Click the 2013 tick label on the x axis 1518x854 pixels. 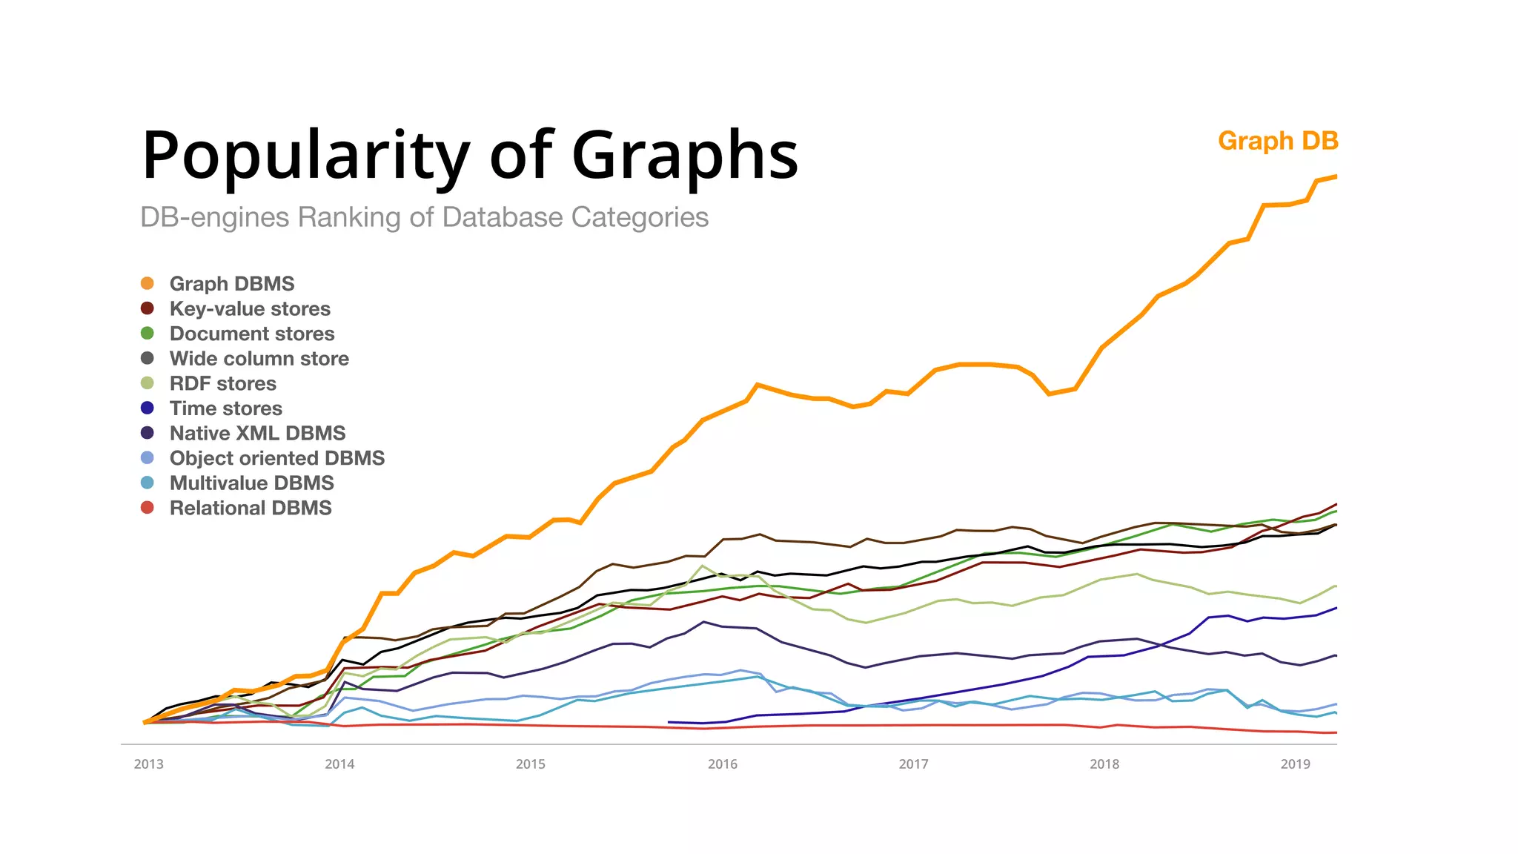148,764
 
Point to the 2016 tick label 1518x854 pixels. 722,764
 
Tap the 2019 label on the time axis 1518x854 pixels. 1295,764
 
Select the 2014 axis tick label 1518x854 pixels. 339,764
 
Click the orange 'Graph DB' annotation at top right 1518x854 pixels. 1277,141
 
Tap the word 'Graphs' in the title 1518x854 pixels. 685,155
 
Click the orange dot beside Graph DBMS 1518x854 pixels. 148,283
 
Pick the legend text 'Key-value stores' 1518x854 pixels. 250,308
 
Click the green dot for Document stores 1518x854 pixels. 148,334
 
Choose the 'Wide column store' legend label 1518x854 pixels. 259,359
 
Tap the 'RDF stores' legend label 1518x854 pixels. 222,383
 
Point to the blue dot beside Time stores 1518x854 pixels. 148,408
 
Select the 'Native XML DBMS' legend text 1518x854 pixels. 257,433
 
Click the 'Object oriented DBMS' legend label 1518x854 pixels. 276,458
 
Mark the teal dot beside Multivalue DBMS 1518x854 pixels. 148,483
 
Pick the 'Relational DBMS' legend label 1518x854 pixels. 251,508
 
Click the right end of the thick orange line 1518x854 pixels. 1336,176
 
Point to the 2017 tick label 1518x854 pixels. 913,764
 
